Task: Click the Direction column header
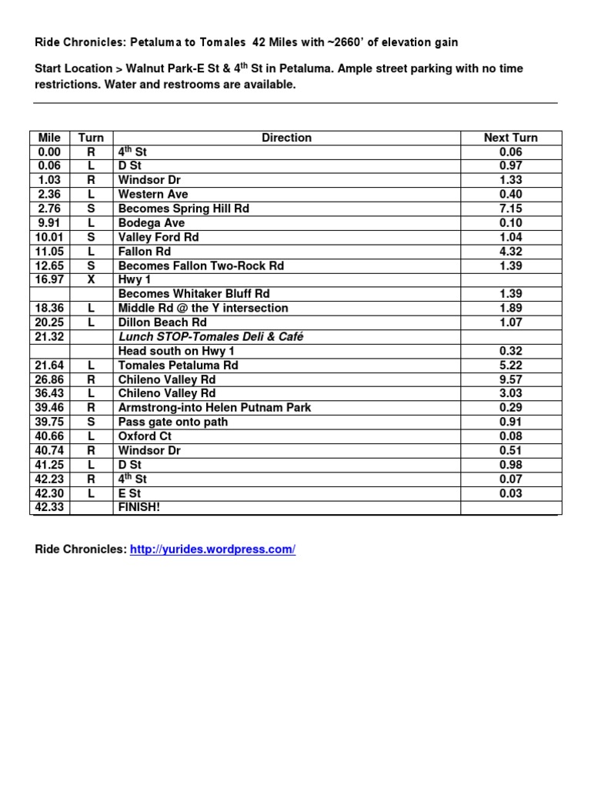286,138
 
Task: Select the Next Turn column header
510,138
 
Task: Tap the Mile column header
49,138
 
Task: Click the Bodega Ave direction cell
152,223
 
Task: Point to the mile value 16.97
49,279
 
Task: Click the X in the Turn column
91,279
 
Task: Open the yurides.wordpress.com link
212,549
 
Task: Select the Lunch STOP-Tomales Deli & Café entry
205,336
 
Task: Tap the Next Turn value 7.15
510,209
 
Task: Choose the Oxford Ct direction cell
145,436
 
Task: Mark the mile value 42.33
49,507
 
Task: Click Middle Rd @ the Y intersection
203,308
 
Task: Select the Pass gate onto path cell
173,422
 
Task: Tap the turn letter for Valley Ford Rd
91,237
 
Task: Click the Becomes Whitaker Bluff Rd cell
194,294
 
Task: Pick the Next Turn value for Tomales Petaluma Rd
510,365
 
